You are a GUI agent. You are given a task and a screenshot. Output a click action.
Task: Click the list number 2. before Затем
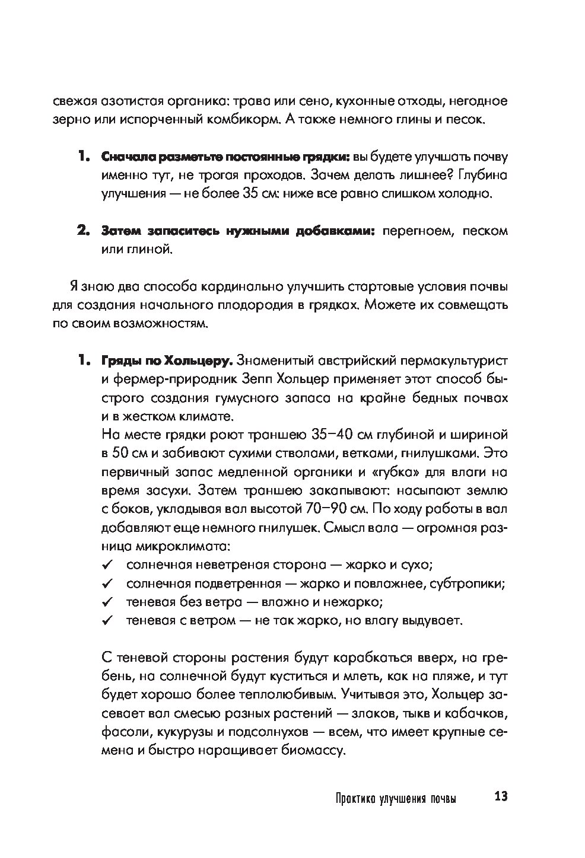click(83, 231)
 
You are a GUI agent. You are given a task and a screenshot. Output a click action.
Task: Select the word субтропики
click(469, 583)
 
